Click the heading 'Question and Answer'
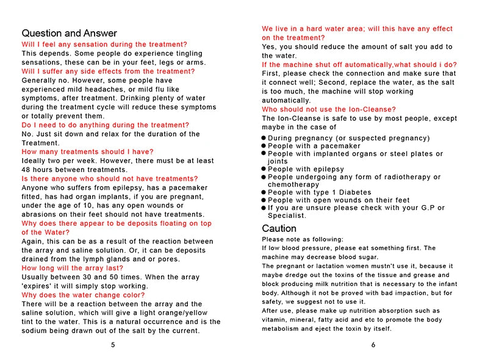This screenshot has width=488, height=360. [69, 34]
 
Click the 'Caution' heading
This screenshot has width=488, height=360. [279, 229]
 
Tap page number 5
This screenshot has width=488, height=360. [113, 344]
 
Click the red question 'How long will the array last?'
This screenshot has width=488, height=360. [72, 268]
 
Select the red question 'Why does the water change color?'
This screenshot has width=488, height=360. [83, 295]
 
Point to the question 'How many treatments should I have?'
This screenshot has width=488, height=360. [87, 152]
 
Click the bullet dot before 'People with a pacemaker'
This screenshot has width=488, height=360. [264, 146]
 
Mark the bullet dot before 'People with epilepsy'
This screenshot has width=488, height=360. [264, 170]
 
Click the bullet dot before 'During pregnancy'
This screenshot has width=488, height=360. [264, 139]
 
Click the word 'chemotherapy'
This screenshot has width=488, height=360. [293, 185]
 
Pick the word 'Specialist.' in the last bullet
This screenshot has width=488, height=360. [287, 216]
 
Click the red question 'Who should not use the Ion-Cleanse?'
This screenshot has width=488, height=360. [329, 110]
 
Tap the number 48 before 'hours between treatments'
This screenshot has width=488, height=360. [26, 170]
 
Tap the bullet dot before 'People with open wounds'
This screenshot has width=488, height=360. [264, 200]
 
